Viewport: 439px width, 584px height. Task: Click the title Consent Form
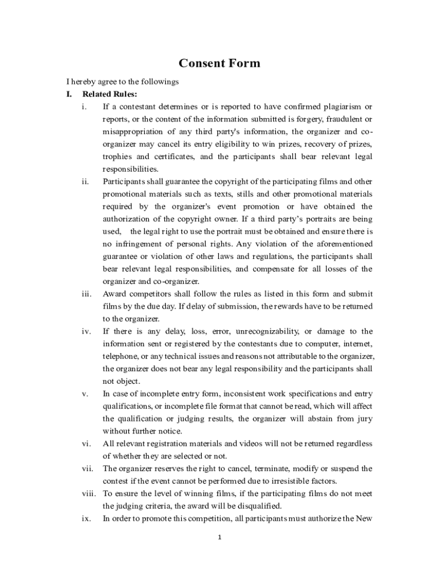(x=219, y=63)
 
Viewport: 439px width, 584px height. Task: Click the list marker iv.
(x=86, y=331)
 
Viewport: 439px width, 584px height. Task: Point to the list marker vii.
(x=87, y=469)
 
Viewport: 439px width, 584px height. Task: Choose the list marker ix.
(x=87, y=518)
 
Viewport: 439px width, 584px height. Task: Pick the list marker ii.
(x=85, y=182)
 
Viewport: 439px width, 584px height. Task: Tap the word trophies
(x=118, y=157)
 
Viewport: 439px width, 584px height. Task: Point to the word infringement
(x=144, y=244)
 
